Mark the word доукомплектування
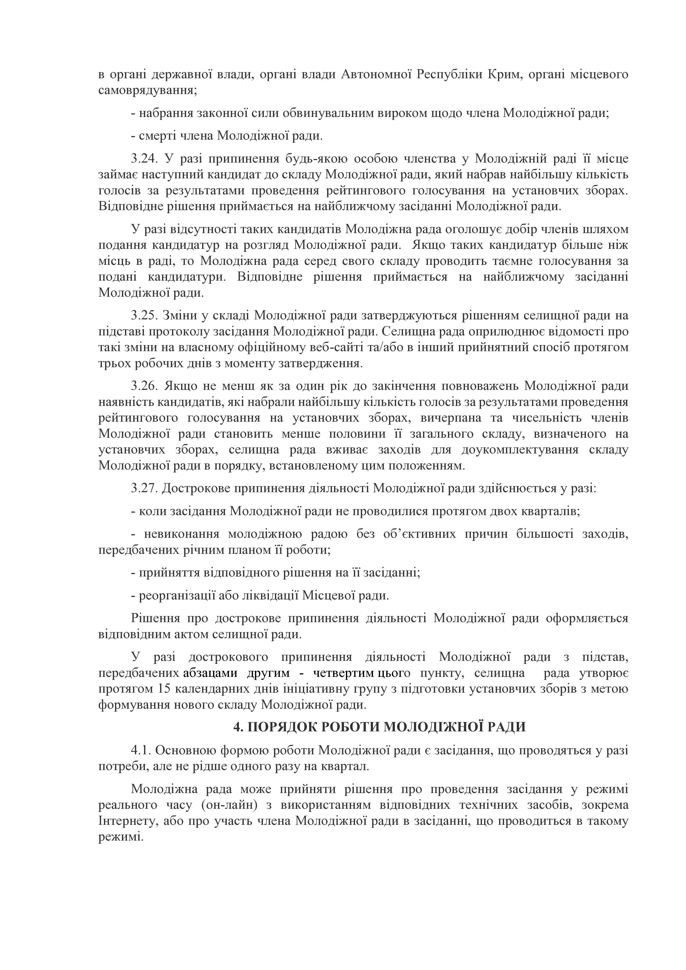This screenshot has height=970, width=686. click(519, 450)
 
